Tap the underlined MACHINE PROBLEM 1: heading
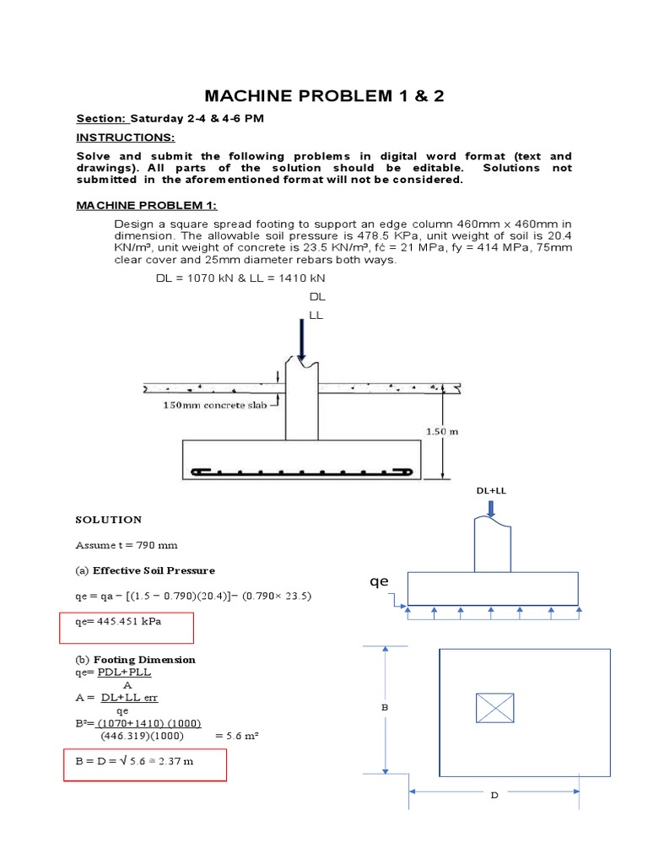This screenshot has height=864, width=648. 147,205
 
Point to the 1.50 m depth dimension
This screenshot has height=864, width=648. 440,431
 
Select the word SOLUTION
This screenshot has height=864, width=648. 109,520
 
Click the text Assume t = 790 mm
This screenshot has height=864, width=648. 127,545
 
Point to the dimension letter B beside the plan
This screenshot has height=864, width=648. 384,708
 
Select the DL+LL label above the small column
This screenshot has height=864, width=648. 492,490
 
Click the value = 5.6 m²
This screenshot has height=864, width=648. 237,735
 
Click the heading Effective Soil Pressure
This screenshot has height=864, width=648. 154,570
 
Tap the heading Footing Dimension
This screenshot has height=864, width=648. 144,660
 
